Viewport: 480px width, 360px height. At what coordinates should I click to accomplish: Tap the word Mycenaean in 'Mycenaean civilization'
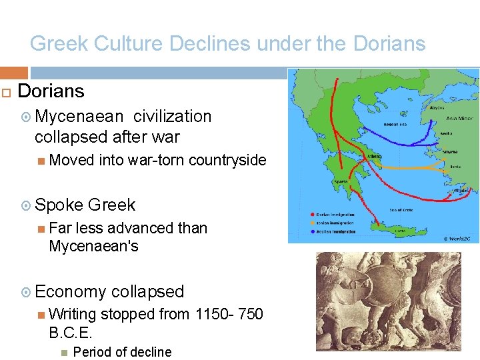(x=79, y=117)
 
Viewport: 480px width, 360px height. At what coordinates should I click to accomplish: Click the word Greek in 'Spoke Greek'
(x=111, y=205)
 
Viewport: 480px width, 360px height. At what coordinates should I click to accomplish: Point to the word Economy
(x=71, y=292)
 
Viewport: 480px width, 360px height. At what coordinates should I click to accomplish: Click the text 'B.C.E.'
(x=71, y=332)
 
